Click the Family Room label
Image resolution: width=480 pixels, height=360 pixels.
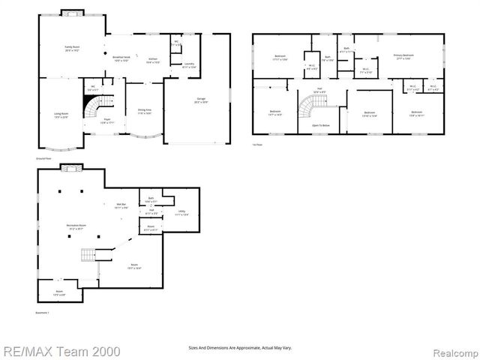coord(72,49)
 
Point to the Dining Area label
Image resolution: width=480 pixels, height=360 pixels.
coord(145,111)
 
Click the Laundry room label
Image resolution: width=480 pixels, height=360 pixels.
coord(189,64)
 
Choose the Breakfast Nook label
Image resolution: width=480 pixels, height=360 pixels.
coord(121,59)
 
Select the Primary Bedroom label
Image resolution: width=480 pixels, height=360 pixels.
coord(403,56)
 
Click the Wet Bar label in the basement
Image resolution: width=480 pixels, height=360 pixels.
coord(121,205)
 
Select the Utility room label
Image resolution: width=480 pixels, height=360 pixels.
coord(182,213)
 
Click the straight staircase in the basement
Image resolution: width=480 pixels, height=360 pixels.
coord(88,255)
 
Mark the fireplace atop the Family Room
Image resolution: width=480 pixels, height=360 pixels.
coord(72,13)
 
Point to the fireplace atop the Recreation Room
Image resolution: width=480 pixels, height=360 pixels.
coord(72,168)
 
